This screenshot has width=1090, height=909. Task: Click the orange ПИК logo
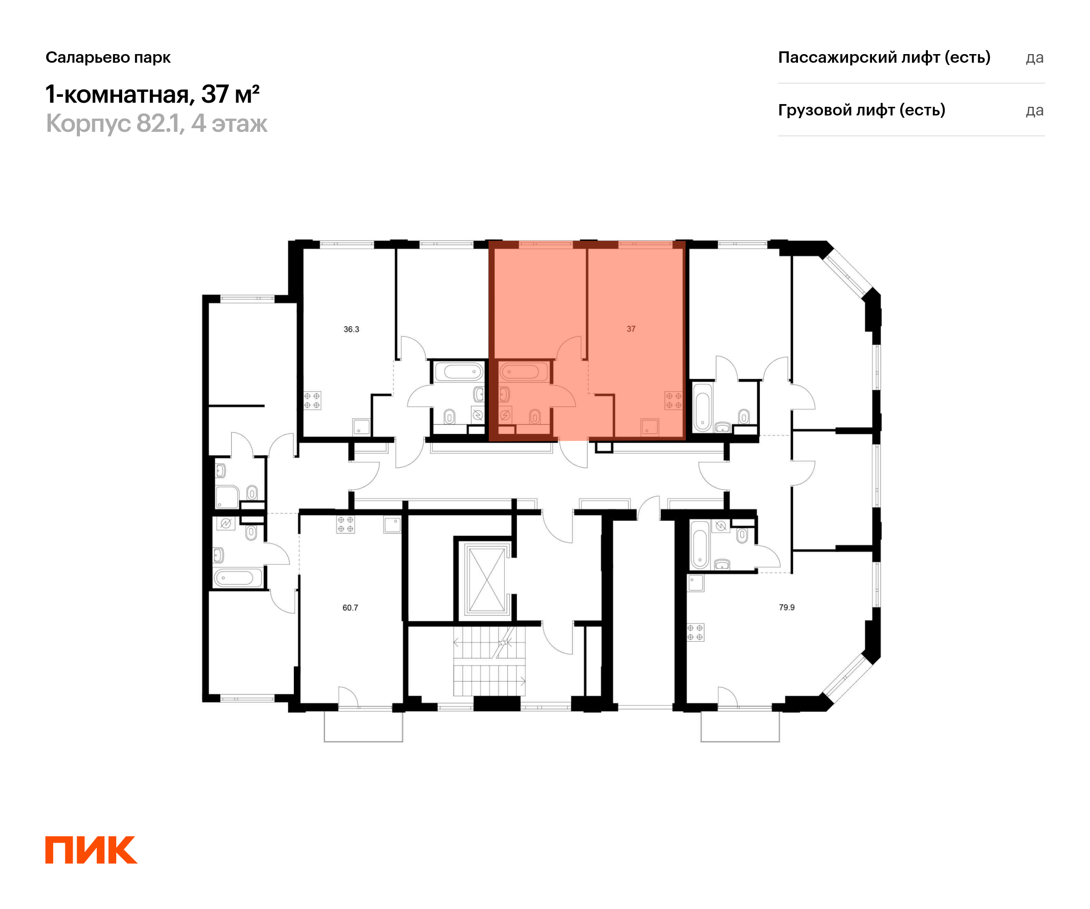[91, 850]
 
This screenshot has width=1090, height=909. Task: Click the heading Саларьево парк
[108, 57]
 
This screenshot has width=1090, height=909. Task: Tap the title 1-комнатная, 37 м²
[152, 95]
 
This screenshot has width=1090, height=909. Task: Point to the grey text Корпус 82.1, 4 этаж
[156, 124]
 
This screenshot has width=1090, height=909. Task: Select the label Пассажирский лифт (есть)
[884, 57]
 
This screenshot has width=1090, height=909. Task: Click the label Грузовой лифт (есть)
[861, 110]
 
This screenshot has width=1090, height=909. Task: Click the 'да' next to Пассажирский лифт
[1034, 58]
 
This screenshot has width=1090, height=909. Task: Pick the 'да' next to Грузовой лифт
[1034, 110]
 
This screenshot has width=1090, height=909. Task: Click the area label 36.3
[351, 330]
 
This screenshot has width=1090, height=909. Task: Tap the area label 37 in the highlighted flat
[631, 329]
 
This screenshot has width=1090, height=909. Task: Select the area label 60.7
[350, 607]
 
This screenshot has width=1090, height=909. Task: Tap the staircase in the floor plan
[489, 661]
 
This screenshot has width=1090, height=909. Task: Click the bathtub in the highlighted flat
[523, 372]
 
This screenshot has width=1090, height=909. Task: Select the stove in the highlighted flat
[674, 400]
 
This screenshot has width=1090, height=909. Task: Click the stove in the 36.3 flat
[312, 400]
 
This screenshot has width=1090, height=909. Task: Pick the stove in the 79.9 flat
[695, 632]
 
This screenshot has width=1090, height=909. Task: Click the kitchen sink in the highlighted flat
[649, 427]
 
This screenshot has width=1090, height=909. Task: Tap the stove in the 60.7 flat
[346, 524]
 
